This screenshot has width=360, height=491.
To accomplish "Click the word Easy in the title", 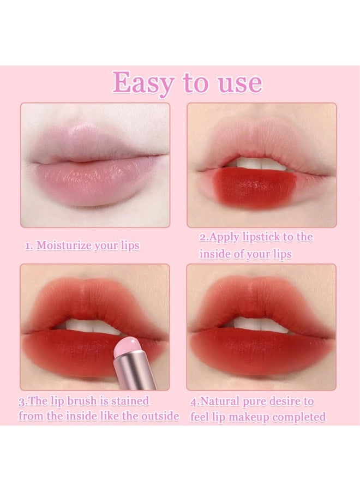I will click(144, 83).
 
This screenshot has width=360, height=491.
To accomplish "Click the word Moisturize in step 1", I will click(64, 245).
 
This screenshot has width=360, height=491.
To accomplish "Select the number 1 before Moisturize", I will click(28, 245).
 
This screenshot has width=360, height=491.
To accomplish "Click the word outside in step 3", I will click(158, 416).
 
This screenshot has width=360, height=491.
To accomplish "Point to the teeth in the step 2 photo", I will click(256, 163).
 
